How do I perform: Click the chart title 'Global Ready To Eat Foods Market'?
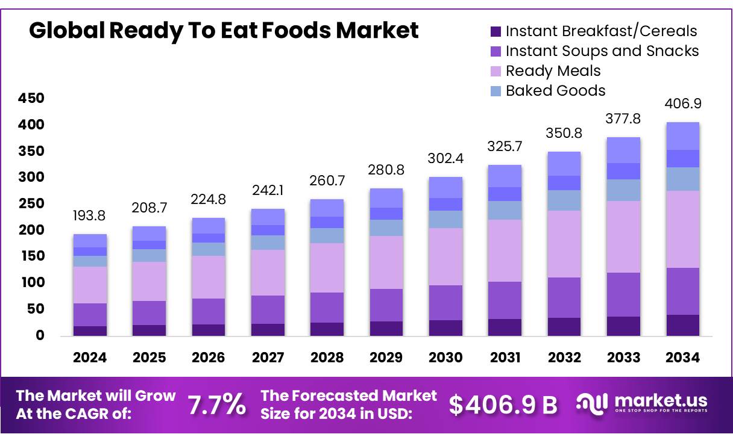[224, 30]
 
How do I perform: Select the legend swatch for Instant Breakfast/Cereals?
[495, 31]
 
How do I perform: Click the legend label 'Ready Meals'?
[553, 71]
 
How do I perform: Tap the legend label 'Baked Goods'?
[555, 91]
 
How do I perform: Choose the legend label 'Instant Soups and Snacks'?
[602, 51]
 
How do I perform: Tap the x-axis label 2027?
[268, 358]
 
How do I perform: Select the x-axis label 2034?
[682, 358]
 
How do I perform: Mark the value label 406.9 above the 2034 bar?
[682, 104]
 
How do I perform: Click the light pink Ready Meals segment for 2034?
[682, 229]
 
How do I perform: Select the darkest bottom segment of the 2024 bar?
[90, 330]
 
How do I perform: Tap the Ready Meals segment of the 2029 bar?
[386, 262]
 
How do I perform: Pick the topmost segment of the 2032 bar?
[564, 164]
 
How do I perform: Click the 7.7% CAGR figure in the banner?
[217, 405]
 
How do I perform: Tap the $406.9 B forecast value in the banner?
[503, 405]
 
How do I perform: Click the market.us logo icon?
[592, 404]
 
